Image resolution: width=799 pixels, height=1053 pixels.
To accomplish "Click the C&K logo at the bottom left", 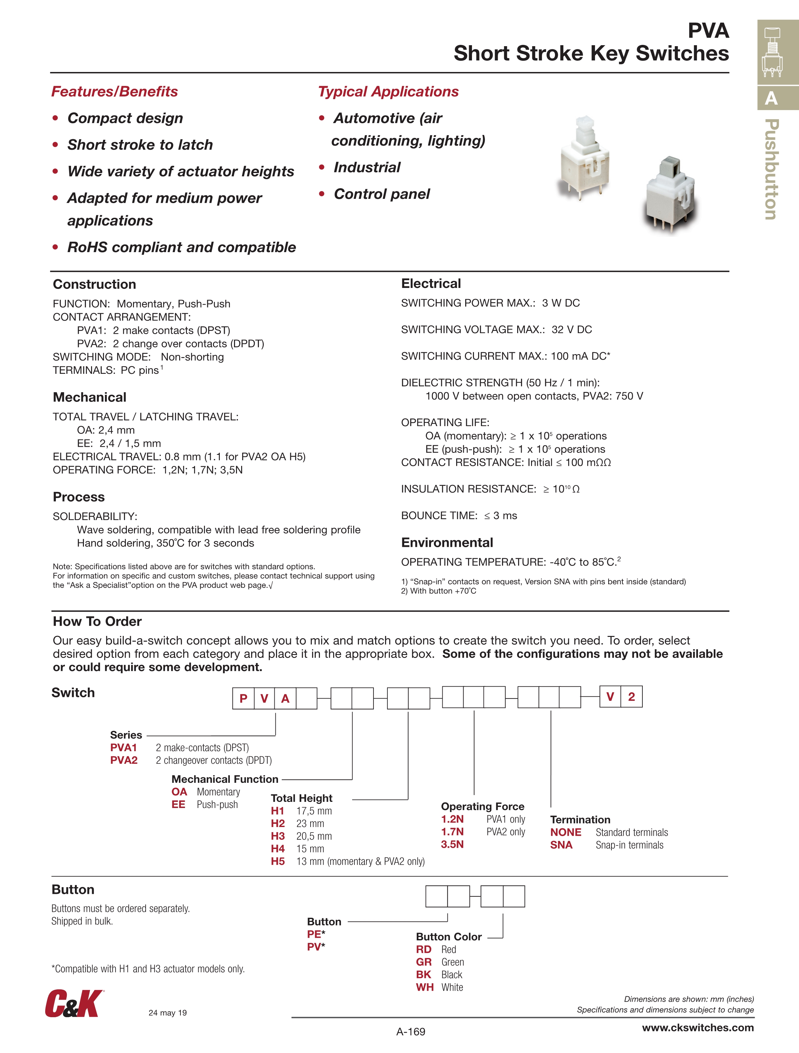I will coord(74,1004).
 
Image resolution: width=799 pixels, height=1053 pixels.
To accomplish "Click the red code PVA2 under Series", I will coord(124,760).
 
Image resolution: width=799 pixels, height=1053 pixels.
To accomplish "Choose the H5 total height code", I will coord(278,861).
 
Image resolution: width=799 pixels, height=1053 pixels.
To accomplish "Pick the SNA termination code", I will coord(561,845).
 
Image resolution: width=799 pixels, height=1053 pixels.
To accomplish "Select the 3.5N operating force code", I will coord(452,844).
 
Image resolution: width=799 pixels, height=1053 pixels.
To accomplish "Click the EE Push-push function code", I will coord(179,804).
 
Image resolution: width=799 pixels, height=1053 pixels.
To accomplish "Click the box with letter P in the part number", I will coord(243,698).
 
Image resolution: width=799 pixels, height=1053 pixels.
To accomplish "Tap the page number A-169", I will coord(410,1032).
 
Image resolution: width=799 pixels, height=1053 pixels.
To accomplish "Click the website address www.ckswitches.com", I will coord(698,1028).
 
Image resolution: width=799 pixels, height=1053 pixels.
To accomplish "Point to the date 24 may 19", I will coord(168,1013).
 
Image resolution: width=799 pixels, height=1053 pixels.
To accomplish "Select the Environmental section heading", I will coord(447,542).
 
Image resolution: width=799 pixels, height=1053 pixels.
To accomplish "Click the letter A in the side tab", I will coord(771,99).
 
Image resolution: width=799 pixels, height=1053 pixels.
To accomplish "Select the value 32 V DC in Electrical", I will coord(571,329).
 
